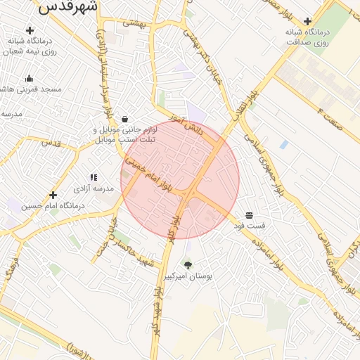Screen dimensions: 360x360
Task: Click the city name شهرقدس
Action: point(68,7)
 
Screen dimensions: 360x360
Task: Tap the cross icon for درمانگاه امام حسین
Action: point(53,195)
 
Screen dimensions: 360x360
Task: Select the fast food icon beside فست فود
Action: point(250,214)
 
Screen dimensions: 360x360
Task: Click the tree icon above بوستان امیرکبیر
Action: point(188,265)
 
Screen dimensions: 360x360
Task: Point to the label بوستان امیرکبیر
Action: point(188,277)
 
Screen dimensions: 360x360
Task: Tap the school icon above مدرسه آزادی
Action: point(94,178)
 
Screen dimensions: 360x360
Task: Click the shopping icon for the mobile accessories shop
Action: point(124,119)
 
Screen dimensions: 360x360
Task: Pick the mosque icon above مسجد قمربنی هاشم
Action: point(30,78)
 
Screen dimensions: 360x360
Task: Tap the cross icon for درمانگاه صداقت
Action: point(307,21)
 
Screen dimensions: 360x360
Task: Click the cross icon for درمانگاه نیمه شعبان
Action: point(30,30)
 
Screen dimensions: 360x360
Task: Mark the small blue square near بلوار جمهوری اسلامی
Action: point(284,144)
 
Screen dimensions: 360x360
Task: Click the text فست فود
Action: point(253,226)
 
